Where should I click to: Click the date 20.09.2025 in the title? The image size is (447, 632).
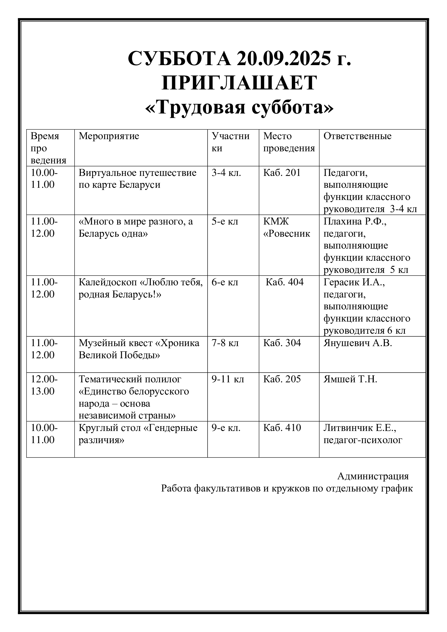click(x=283, y=59)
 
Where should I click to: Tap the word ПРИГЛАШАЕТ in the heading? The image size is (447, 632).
click(x=239, y=83)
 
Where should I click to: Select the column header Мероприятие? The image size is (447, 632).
click(x=109, y=136)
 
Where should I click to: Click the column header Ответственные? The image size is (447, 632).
click(x=357, y=136)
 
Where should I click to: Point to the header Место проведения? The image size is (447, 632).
click(x=289, y=142)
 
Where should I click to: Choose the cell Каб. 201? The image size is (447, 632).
click(x=282, y=173)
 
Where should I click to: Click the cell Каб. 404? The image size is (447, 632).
click(x=284, y=282)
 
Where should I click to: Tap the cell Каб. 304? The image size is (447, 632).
click(x=282, y=343)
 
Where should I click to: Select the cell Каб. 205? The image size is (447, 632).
click(x=282, y=379)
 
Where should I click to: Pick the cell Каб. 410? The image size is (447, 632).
click(x=282, y=427)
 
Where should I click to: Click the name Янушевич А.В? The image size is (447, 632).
click(x=358, y=343)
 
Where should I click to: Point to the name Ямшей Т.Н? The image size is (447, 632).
click(x=350, y=379)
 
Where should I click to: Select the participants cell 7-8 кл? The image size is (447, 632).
click(x=225, y=343)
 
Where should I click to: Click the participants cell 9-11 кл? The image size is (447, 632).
click(x=228, y=379)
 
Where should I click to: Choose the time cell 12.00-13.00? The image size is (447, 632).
click(x=44, y=385)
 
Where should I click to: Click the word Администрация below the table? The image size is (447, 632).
click(x=373, y=476)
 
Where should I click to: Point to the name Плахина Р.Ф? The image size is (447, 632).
click(x=355, y=221)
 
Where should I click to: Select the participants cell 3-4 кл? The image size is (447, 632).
click(x=226, y=173)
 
